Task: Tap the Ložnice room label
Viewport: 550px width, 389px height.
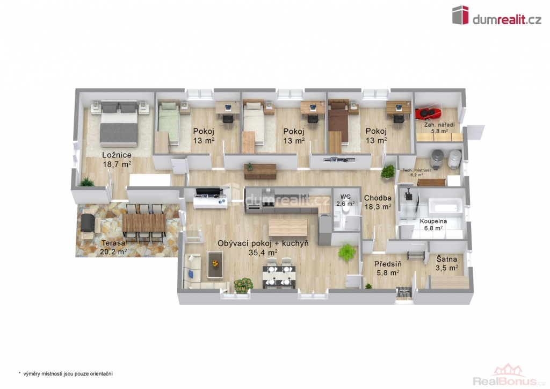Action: [117, 155]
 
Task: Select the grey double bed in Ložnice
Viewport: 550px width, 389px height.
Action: [119, 124]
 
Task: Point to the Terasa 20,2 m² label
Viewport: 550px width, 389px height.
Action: [113, 247]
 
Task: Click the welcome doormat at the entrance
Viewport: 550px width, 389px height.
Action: [404, 292]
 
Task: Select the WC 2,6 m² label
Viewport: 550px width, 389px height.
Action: [345, 200]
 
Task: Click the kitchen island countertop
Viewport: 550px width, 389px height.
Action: [288, 227]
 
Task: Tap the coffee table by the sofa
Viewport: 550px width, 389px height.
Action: [215, 264]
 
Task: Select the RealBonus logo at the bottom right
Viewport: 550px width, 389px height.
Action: [509, 376]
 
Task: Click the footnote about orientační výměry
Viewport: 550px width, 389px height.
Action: [66, 374]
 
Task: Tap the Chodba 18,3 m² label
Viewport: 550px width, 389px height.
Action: [378, 203]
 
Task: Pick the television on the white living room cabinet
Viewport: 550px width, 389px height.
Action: [209, 191]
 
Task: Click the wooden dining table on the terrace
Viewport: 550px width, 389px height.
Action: [144, 223]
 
